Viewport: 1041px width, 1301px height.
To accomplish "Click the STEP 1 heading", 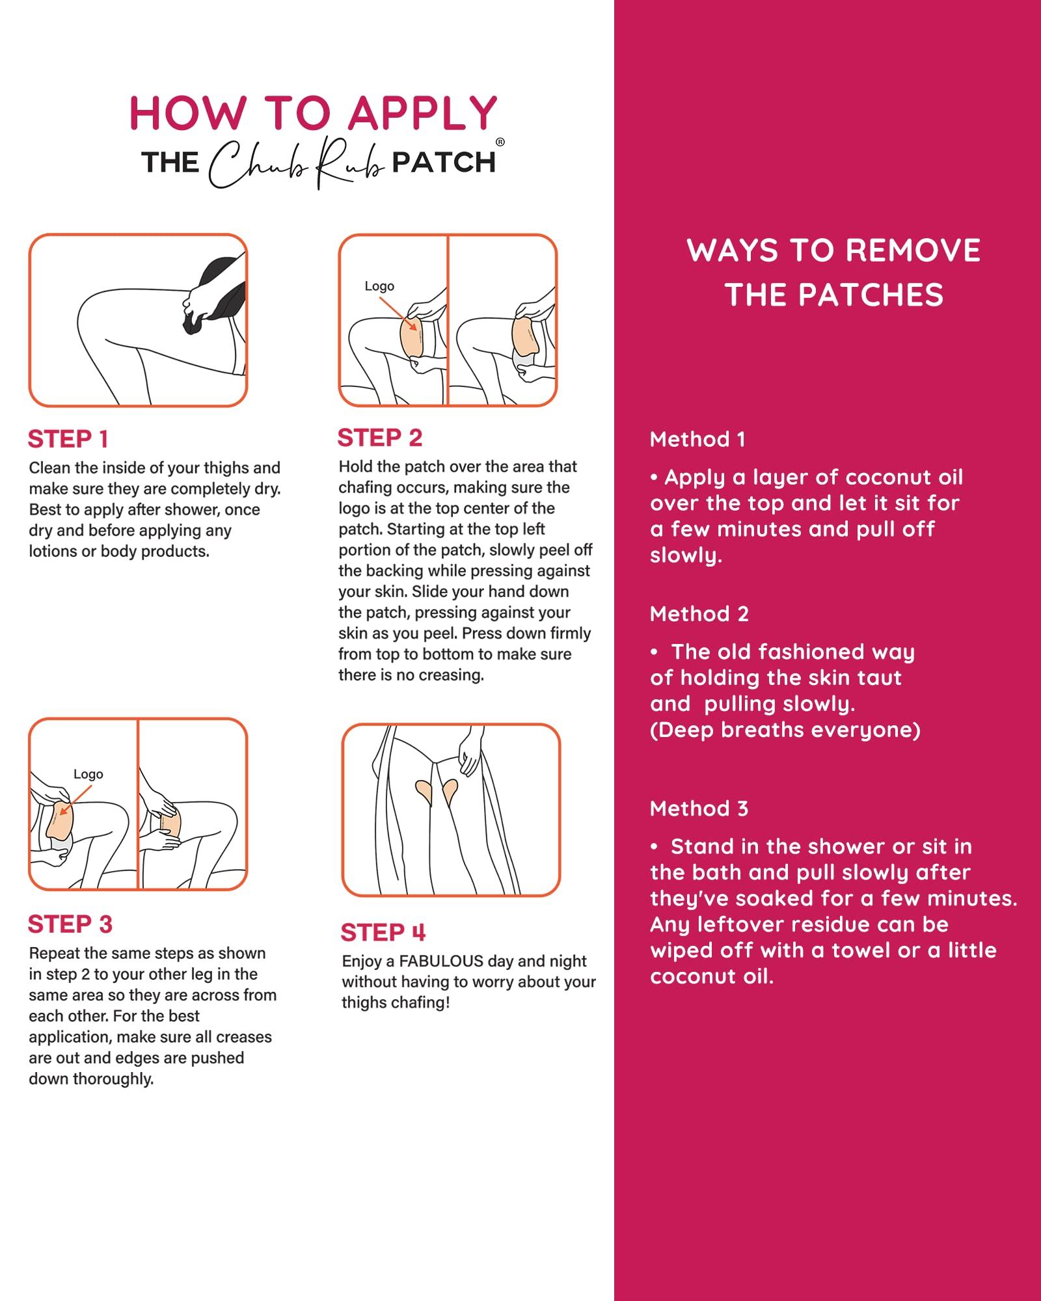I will tap(68, 440).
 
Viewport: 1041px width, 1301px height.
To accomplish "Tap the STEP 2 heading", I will tap(380, 438).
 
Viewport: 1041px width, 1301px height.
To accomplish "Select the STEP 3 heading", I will tap(70, 924).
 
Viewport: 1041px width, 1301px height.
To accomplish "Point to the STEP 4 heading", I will tap(383, 933).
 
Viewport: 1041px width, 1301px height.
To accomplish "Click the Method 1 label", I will tap(697, 440).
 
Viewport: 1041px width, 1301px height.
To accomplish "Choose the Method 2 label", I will tap(699, 614).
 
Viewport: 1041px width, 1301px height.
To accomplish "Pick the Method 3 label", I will tap(699, 809).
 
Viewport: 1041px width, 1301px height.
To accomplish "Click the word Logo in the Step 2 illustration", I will tap(379, 286).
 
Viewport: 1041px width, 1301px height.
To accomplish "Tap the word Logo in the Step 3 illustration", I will tap(88, 774).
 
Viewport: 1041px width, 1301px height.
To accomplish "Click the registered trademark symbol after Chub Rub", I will tap(500, 142).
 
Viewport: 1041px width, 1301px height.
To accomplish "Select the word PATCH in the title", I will tap(444, 163).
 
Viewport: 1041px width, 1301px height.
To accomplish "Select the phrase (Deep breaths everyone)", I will tap(785, 730).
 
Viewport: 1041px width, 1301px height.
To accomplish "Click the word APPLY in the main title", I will tap(423, 114).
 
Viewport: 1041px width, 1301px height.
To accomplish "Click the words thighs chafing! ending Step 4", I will tap(396, 1003).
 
